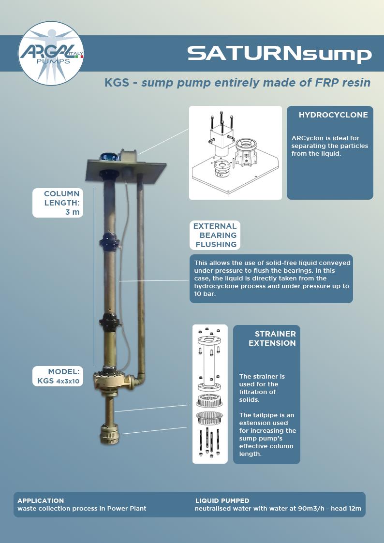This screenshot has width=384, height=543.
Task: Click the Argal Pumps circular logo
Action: (x=51, y=54)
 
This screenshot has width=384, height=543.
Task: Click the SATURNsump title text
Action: (x=279, y=54)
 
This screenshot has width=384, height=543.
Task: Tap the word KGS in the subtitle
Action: (x=117, y=83)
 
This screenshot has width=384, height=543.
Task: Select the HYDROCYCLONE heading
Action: (x=333, y=115)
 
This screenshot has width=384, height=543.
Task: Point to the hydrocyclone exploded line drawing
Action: (x=235, y=153)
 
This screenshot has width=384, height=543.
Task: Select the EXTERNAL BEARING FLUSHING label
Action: (x=215, y=235)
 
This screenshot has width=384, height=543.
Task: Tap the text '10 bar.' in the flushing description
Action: (x=205, y=294)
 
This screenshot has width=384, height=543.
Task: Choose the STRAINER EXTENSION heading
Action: (x=272, y=338)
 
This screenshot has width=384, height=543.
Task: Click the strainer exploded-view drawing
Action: (x=209, y=394)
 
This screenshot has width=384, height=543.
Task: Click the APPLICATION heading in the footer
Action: (x=41, y=500)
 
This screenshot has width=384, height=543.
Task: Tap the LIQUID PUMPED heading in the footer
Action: (x=222, y=500)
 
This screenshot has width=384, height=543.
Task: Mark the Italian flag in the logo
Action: (x=80, y=57)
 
